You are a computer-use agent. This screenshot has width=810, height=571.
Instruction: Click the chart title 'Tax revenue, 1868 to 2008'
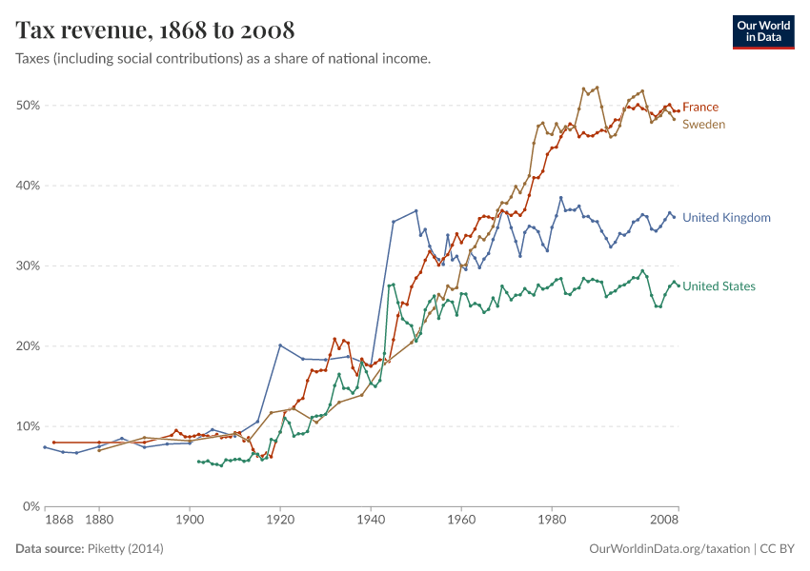154,30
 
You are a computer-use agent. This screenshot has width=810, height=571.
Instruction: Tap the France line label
700,107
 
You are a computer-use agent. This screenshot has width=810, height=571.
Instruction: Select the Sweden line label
704,125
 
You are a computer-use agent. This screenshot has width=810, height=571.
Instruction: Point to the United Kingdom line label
726,218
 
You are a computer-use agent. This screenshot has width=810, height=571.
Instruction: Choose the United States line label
719,286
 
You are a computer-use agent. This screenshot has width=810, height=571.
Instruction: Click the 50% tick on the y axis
28,105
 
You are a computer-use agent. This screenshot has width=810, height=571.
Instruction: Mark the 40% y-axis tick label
28,186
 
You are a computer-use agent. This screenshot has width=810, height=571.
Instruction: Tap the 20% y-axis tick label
28,346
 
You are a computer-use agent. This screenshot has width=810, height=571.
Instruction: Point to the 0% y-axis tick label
30,506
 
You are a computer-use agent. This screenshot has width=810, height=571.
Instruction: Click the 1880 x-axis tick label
99,522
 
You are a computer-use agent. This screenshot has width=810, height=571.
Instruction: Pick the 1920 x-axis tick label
280,522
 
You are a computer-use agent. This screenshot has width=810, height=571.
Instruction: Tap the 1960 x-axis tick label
461,522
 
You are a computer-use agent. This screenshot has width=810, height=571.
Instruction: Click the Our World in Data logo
763,31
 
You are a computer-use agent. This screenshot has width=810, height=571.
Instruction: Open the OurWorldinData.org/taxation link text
669,549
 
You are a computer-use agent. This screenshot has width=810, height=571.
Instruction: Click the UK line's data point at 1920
280,345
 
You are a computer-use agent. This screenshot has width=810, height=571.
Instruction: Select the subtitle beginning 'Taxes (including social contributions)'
223,59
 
